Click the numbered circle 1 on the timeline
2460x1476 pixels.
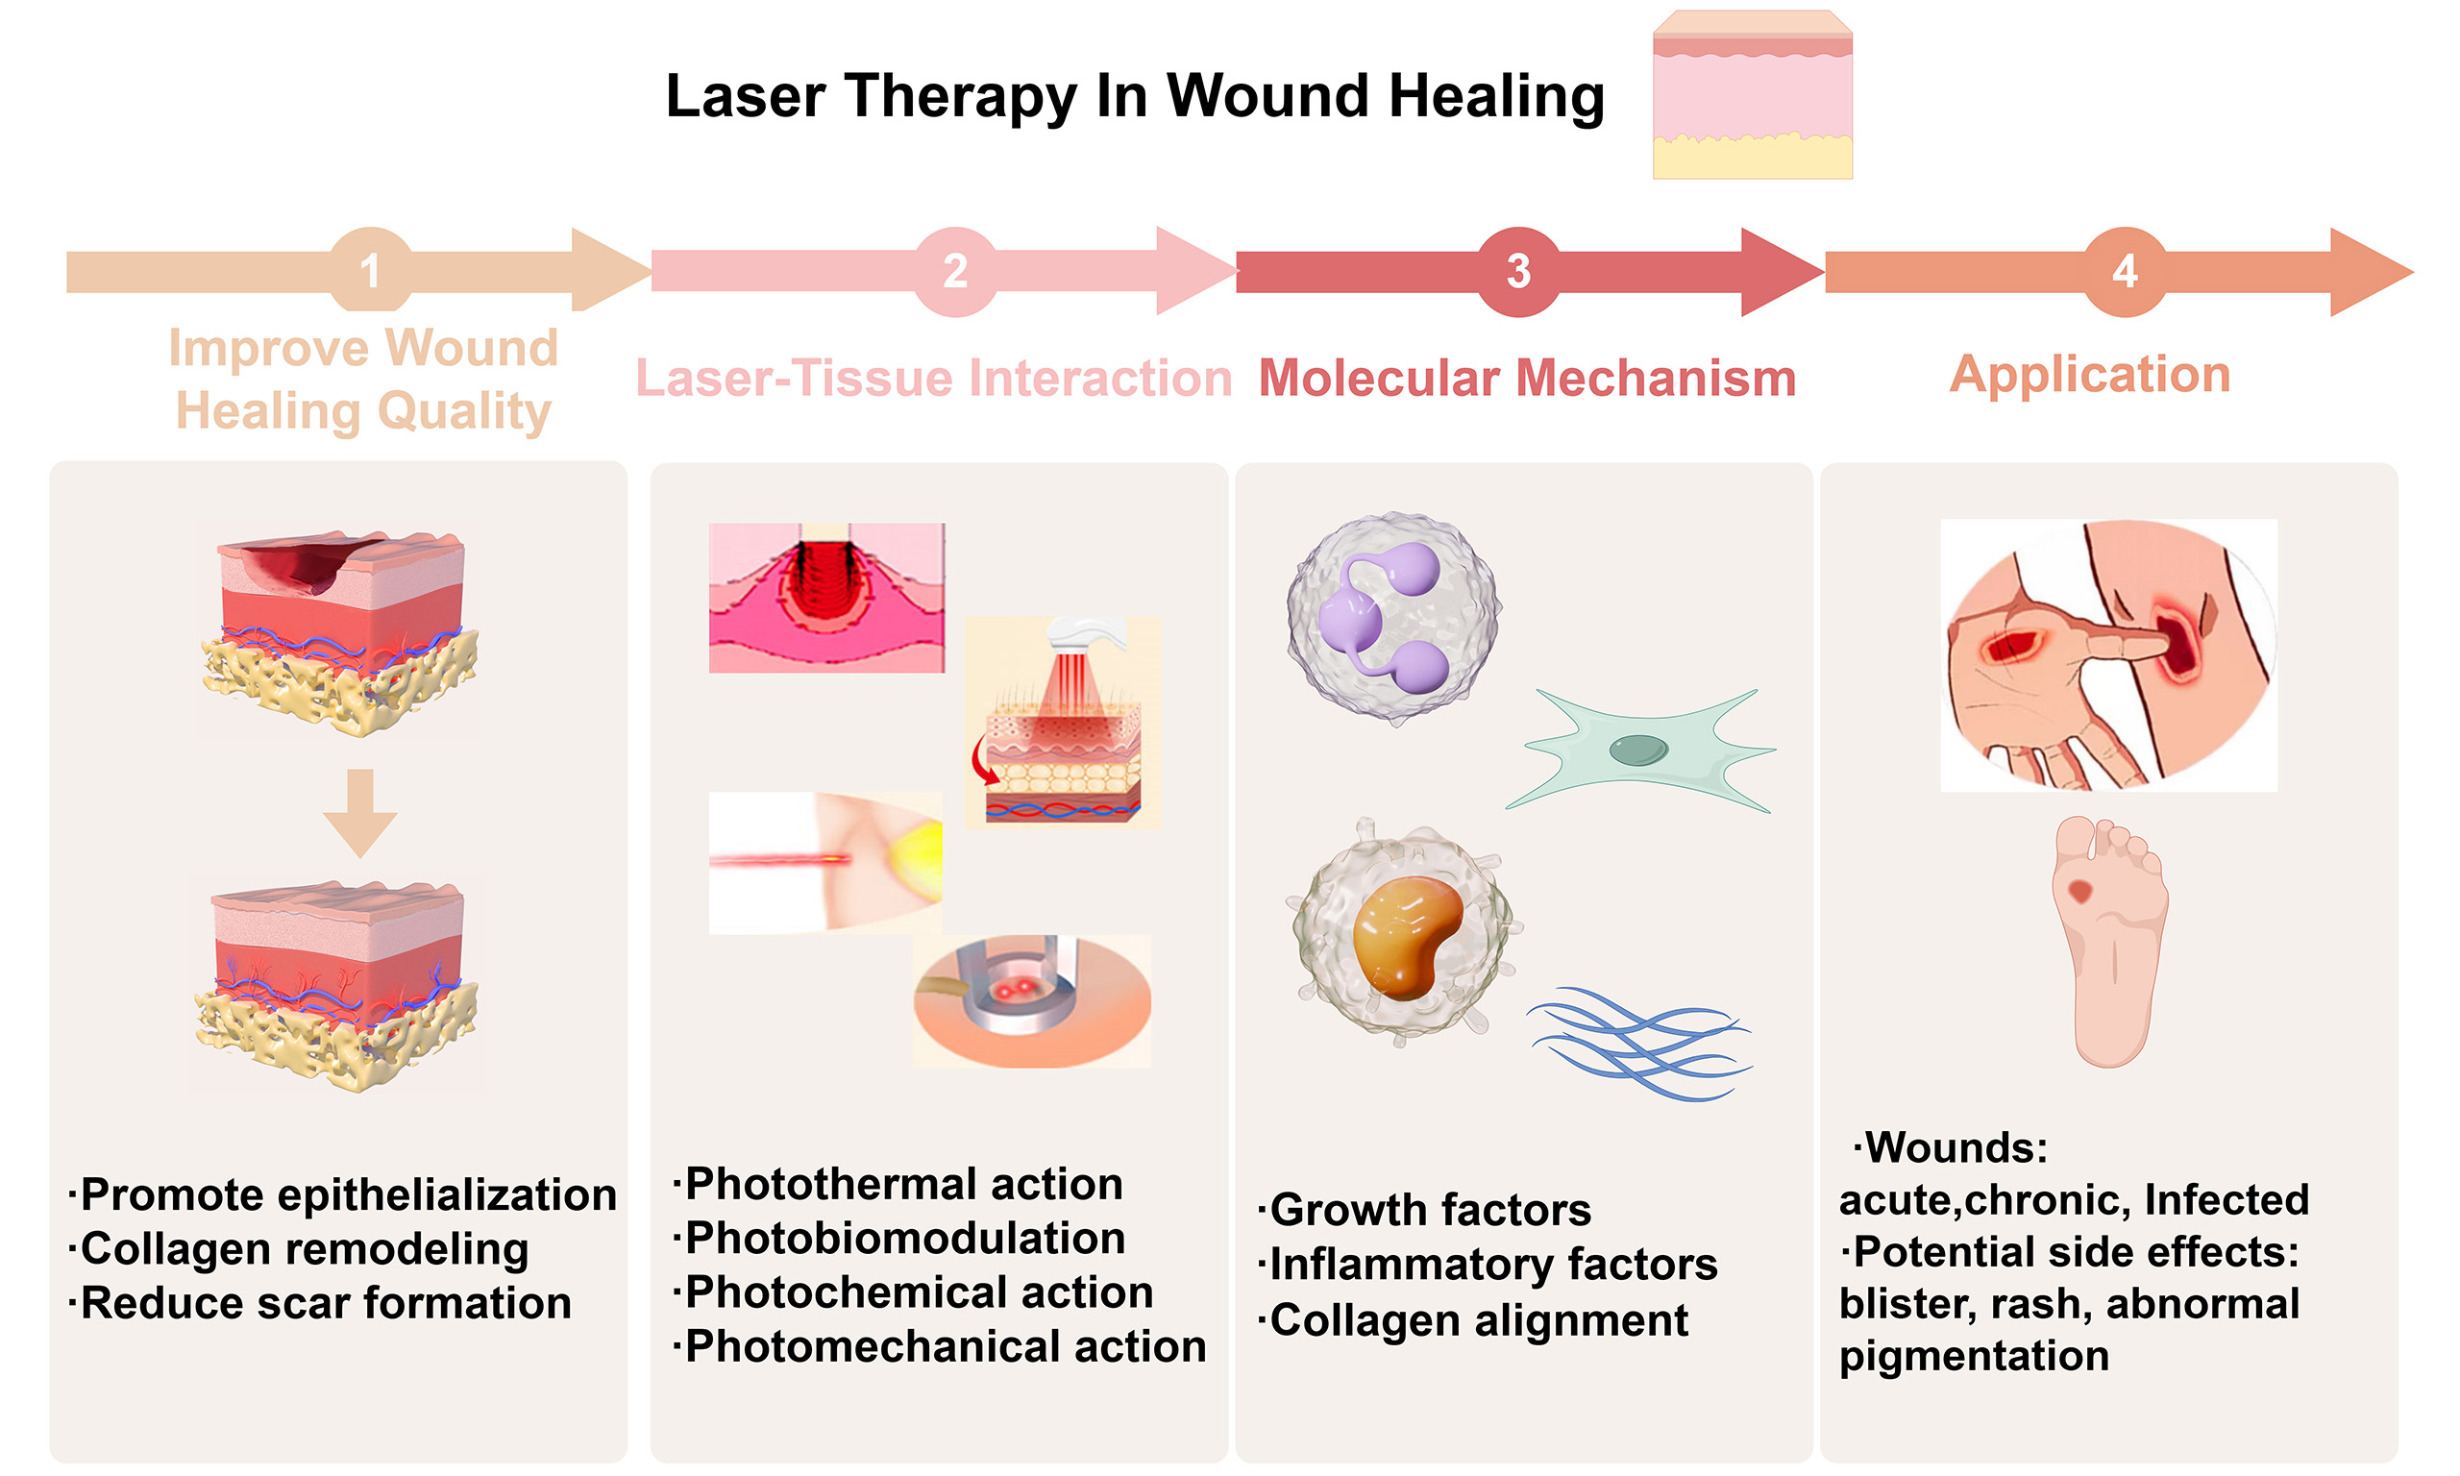coord(370,271)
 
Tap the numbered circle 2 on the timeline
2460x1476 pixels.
coord(954,271)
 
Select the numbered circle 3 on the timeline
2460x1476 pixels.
coord(1517,271)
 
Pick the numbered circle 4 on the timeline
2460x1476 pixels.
coord(2124,271)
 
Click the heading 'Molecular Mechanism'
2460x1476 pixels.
coord(1527,378)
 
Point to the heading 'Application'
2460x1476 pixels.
coord(2089,374)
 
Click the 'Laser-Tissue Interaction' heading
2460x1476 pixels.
coord(933,378)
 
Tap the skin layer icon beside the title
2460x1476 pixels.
coord(1752,95)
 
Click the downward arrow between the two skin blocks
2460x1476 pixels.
coord(360,812)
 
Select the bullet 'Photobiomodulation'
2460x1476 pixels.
coord(904,1239)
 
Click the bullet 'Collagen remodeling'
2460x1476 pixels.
coord(304,1249)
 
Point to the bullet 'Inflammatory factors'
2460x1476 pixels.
coord(1492,1265)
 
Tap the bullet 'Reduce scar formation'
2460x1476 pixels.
coord(325,1303)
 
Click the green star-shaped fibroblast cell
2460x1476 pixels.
coord(1638,750)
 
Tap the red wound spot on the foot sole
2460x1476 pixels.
coord(2079,890)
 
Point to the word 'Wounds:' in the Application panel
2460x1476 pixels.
coord(1955,1147)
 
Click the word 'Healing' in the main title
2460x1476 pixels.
coord(1495,96)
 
